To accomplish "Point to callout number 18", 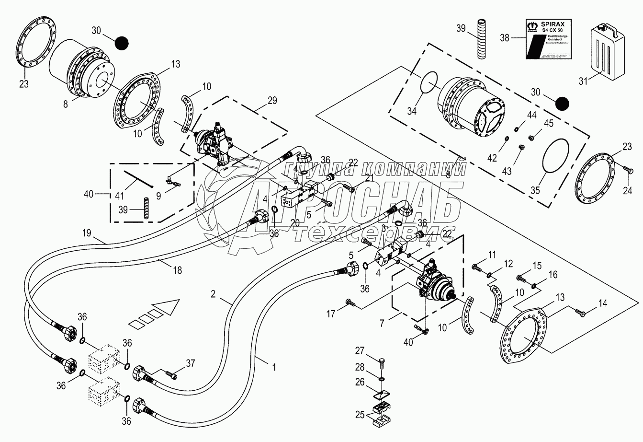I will coord(177,270).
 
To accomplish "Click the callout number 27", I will coord(359,351).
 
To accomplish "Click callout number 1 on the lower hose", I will coord(274,367).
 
